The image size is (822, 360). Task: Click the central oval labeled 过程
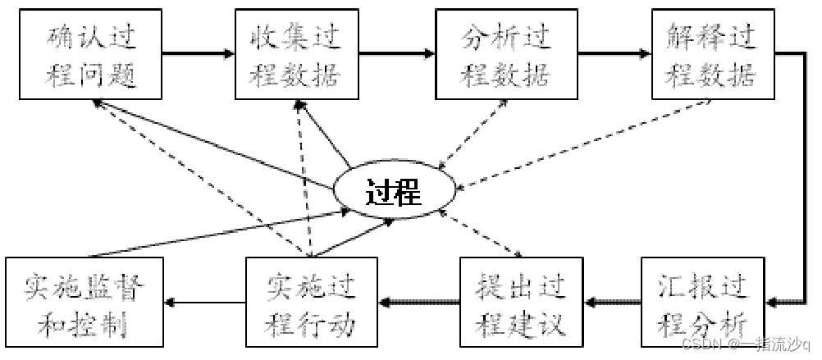pyautogui.click(x=393, y=193)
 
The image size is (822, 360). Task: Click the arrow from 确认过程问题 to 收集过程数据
pyautogui.click(x=197, y=54)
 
